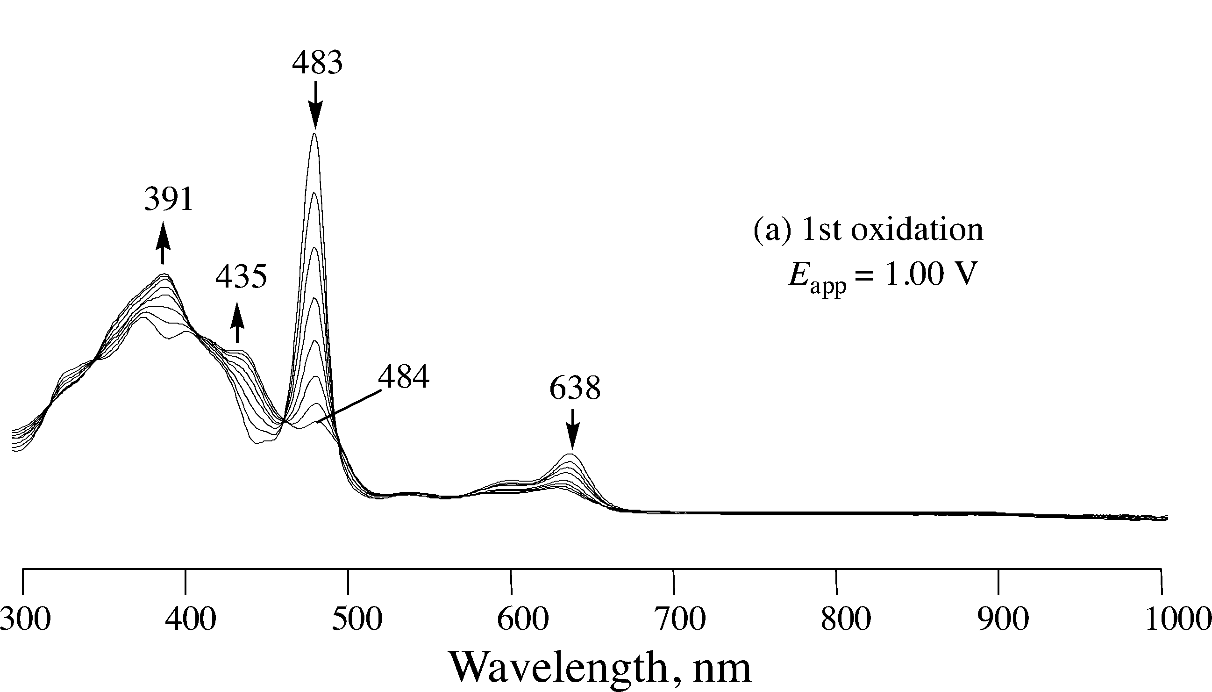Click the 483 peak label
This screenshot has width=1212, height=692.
click(317, 63)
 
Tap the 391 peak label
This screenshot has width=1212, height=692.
click(169, 199)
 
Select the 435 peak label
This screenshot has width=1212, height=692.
click(241, 277)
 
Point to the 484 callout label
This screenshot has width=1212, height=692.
click(404, 377)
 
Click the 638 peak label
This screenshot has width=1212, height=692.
click(575, 388)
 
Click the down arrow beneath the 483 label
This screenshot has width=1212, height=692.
click(315, 105)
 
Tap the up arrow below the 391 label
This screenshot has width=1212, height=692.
click(163, 242)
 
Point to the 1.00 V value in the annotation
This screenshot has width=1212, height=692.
click(924, 275)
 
